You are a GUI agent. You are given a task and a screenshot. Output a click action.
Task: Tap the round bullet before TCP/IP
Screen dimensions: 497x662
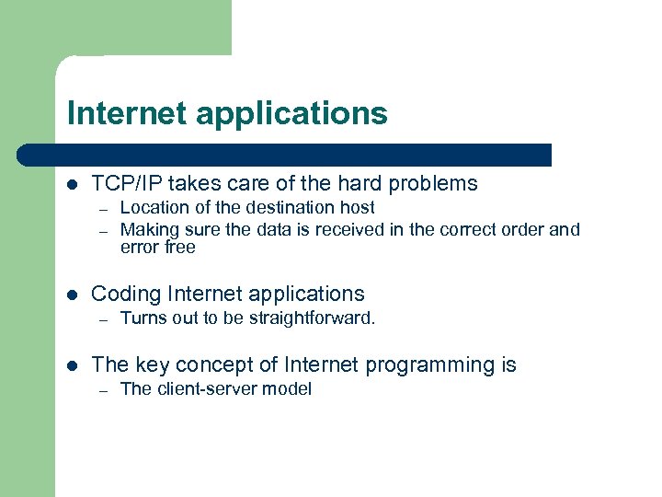point(73,184)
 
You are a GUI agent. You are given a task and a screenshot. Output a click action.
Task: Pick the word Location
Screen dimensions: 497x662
point(154,208)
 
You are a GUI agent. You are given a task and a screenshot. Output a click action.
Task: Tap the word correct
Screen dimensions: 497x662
point(464,229)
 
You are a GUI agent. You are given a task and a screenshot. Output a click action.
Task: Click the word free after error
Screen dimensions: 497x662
point(180,248)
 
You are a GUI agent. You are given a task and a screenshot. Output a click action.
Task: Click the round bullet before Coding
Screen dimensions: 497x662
point(73,295)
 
